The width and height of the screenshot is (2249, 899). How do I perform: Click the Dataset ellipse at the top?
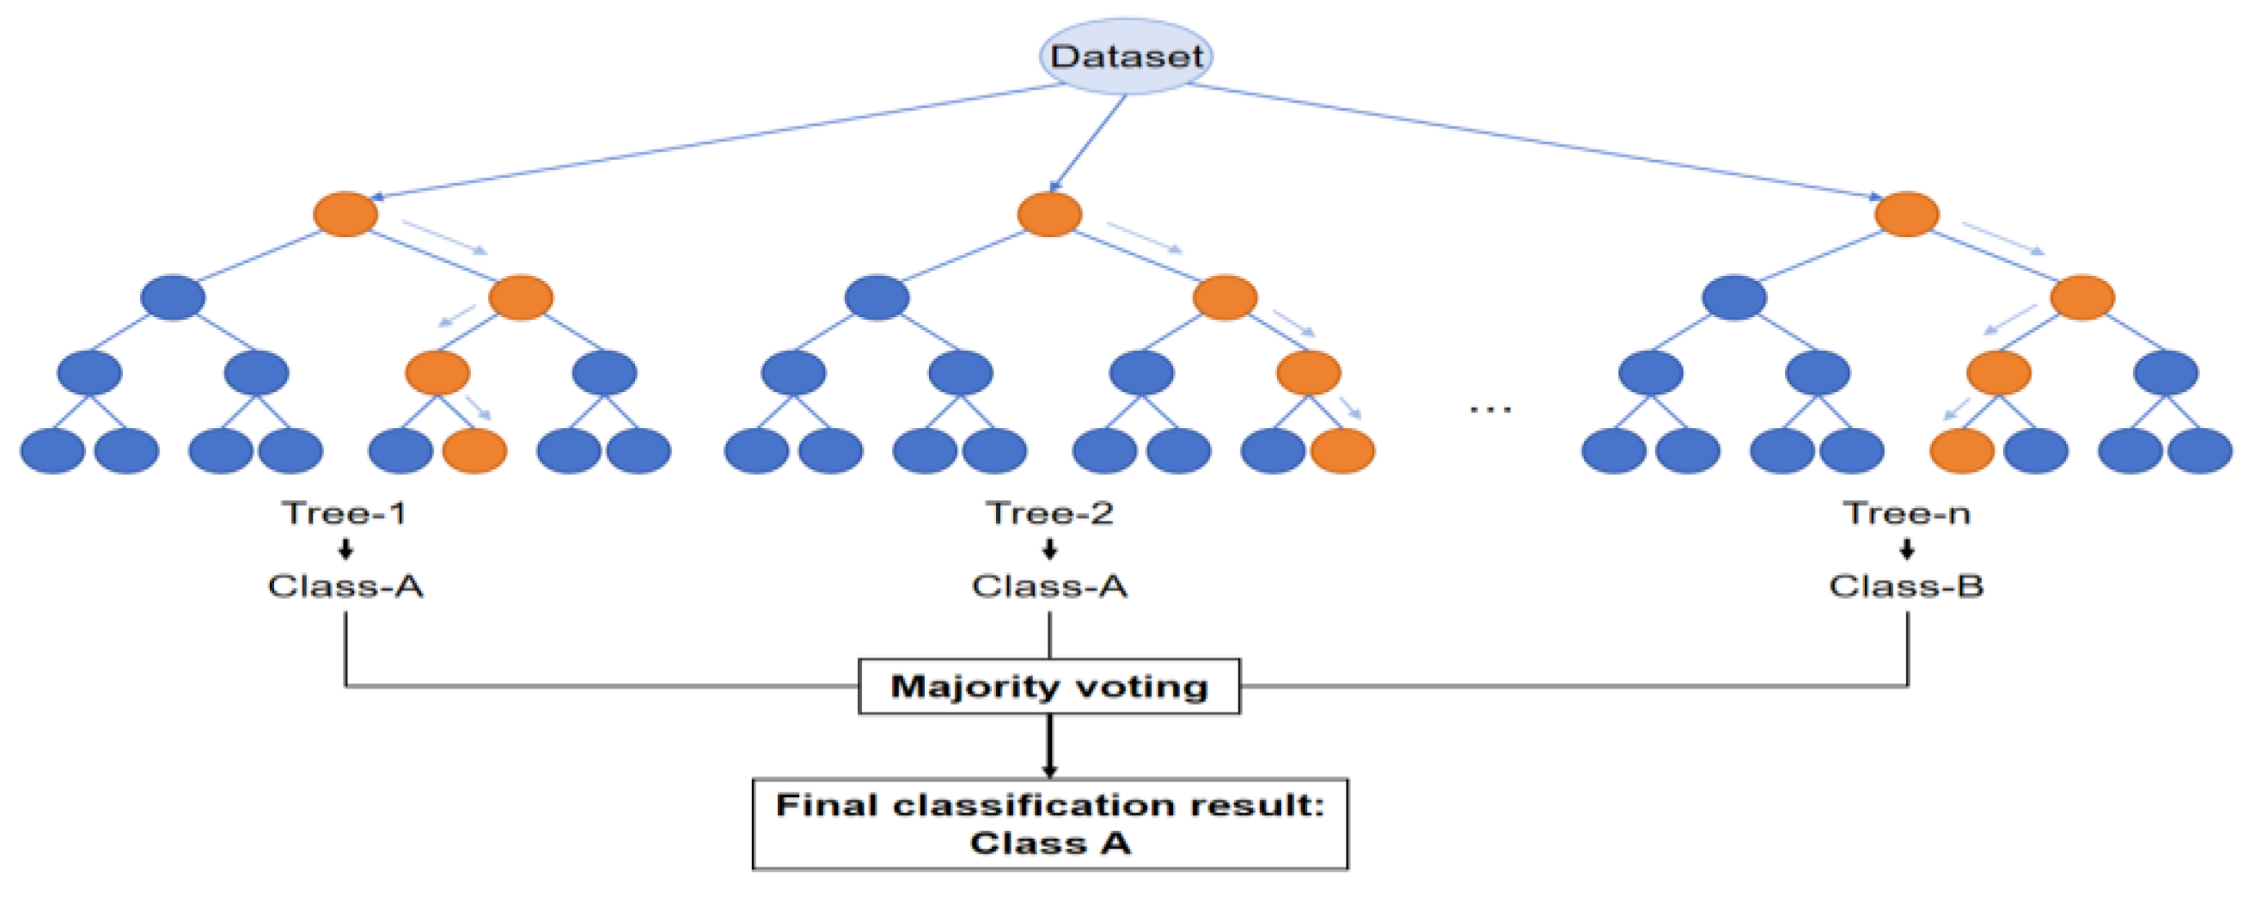point(1126,57)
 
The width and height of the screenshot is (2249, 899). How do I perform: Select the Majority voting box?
point(1048,687)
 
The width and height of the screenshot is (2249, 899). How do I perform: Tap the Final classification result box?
point(1049,824)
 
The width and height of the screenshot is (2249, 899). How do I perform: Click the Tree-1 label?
point(344,513)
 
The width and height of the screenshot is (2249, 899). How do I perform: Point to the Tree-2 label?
point(1049,513)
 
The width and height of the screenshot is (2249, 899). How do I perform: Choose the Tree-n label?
point(1907,513)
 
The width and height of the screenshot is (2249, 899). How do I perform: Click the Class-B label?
point(1907,585)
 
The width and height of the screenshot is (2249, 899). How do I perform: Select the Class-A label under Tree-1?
point(345,585)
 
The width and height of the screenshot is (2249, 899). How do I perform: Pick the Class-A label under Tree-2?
point(1049,585)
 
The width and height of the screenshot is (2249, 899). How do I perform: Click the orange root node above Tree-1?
point(345,214)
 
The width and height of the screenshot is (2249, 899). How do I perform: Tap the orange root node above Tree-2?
point(1049,214)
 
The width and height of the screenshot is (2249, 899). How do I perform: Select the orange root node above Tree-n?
point(1907,214)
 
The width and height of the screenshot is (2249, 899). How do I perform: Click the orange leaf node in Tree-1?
point(475,450)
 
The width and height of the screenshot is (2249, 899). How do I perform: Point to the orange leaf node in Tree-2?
point(1342,450)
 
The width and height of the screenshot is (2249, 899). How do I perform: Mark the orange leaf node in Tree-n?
point(1962,450)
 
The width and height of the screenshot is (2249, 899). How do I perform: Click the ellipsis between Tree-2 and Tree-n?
point(1490,408)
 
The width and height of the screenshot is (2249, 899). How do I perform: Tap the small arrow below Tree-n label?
point(1907,549)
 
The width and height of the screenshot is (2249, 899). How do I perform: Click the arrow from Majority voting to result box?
point(1049,746)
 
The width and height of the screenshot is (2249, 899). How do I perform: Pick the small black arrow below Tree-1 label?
point(345,549)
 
